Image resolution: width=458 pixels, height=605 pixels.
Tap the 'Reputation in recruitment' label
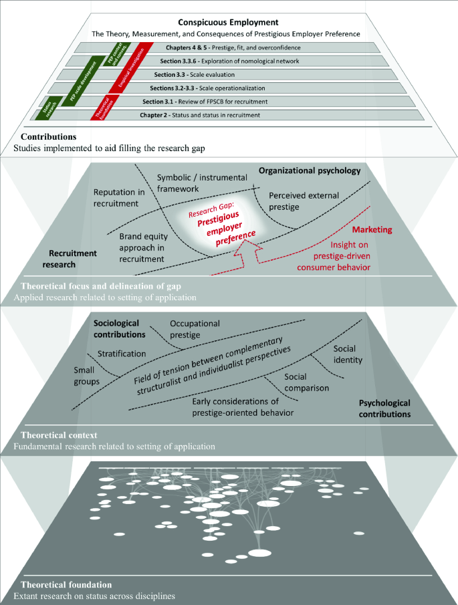tap(119, 198)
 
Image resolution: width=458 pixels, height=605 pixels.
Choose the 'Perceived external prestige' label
tap(304, 201)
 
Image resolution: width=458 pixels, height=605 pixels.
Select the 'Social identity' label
tap(348, 355)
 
